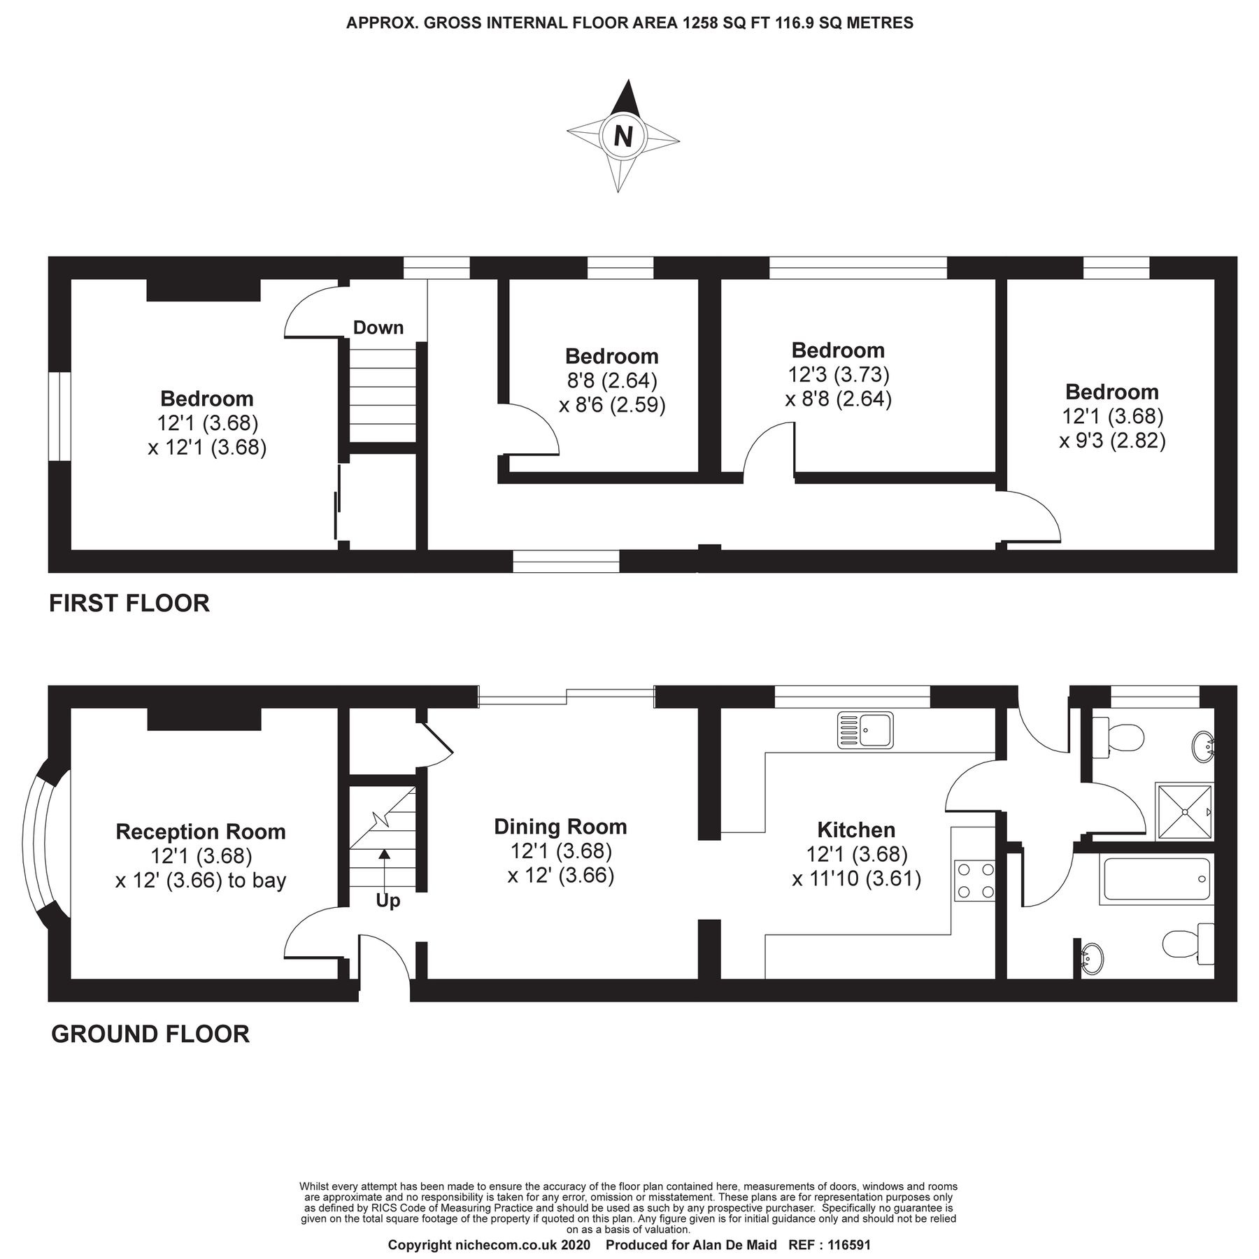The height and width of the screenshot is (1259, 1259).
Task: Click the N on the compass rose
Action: (x=623, y=136)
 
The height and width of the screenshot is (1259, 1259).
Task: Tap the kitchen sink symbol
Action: (x=865, y=730)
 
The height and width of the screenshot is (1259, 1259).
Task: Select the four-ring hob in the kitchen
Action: (x=974, y=881)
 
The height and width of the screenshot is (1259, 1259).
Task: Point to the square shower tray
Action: (x=1183, y=811)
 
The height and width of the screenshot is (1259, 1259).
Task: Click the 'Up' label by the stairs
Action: (x=387, y=901)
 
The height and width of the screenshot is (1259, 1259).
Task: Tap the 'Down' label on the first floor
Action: (x=378, y=327)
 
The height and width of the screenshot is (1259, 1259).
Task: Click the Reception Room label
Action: (x=201, y=832)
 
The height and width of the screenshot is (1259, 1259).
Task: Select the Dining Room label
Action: (x=560, y=827)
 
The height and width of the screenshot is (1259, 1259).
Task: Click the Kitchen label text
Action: (x=856, y=830)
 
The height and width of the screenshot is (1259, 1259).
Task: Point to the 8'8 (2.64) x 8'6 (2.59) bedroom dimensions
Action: (x=612, y=393)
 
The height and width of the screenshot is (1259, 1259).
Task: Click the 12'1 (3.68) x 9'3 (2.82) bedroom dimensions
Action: (x=1112, y=429)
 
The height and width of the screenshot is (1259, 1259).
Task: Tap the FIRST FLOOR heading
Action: (x=129, y=603)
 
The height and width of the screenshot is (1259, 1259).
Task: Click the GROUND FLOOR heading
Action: (x=150, y=1034)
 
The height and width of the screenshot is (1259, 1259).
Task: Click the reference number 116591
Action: (x=849, y=1246)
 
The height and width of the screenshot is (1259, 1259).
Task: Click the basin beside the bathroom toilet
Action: (x=1090, y=960)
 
